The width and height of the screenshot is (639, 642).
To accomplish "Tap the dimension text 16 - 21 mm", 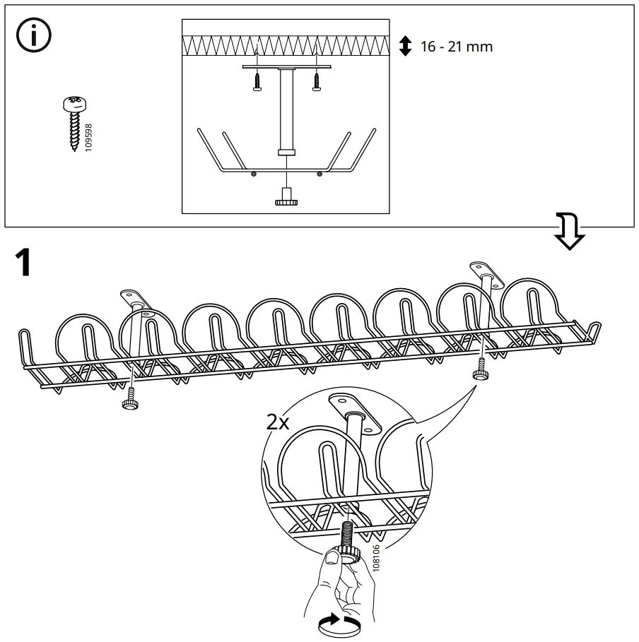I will pos(456,47).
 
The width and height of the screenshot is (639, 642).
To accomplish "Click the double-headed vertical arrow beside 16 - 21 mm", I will pos(405,47).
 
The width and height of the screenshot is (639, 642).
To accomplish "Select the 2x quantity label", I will pos(277,422).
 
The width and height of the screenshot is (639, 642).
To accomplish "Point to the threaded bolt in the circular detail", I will pos(350,533).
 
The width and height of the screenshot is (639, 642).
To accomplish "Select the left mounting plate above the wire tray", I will pos(136,295).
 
